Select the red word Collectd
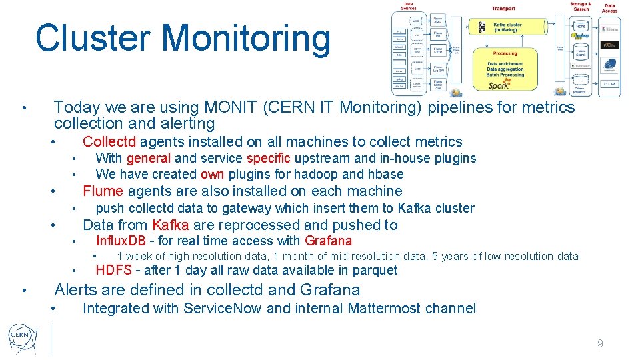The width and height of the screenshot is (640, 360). click(109, 141)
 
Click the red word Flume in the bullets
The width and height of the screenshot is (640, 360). click(103, 191)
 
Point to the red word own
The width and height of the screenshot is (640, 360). click(213, 174)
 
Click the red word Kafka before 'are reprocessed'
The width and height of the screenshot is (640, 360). click(171, 225)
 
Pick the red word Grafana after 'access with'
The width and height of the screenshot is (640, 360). click(328, 241)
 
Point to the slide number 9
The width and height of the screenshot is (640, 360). click(600, 343)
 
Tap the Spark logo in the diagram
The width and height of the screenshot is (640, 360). click(499, 85)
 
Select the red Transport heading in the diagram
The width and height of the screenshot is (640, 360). click(503, 8)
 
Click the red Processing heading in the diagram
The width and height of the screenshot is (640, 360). click(505, 53)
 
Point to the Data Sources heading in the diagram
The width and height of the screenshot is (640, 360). click(408, 6)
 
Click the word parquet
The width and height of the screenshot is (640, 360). click(375, 270)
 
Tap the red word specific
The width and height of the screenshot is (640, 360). click(268, 158)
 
